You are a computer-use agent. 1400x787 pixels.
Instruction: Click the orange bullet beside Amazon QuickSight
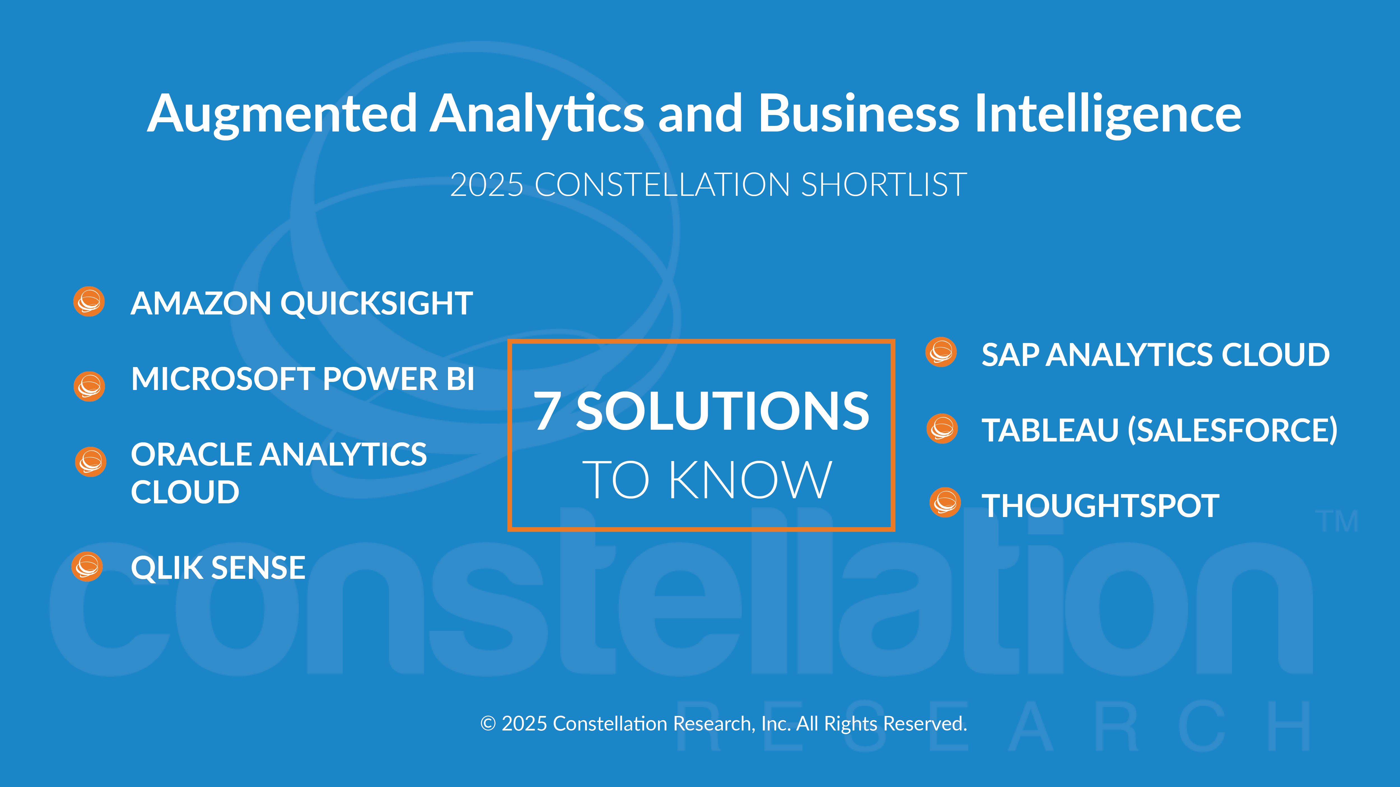[x=89, y=301]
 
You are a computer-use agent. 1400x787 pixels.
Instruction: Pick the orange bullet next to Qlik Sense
[x=87, y=567]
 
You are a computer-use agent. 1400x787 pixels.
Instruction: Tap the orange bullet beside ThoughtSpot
[x=945, y=502]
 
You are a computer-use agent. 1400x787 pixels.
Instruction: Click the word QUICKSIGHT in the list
[x=376, y=304]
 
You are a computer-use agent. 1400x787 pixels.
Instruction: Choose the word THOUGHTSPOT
[x=1101, y=506]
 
